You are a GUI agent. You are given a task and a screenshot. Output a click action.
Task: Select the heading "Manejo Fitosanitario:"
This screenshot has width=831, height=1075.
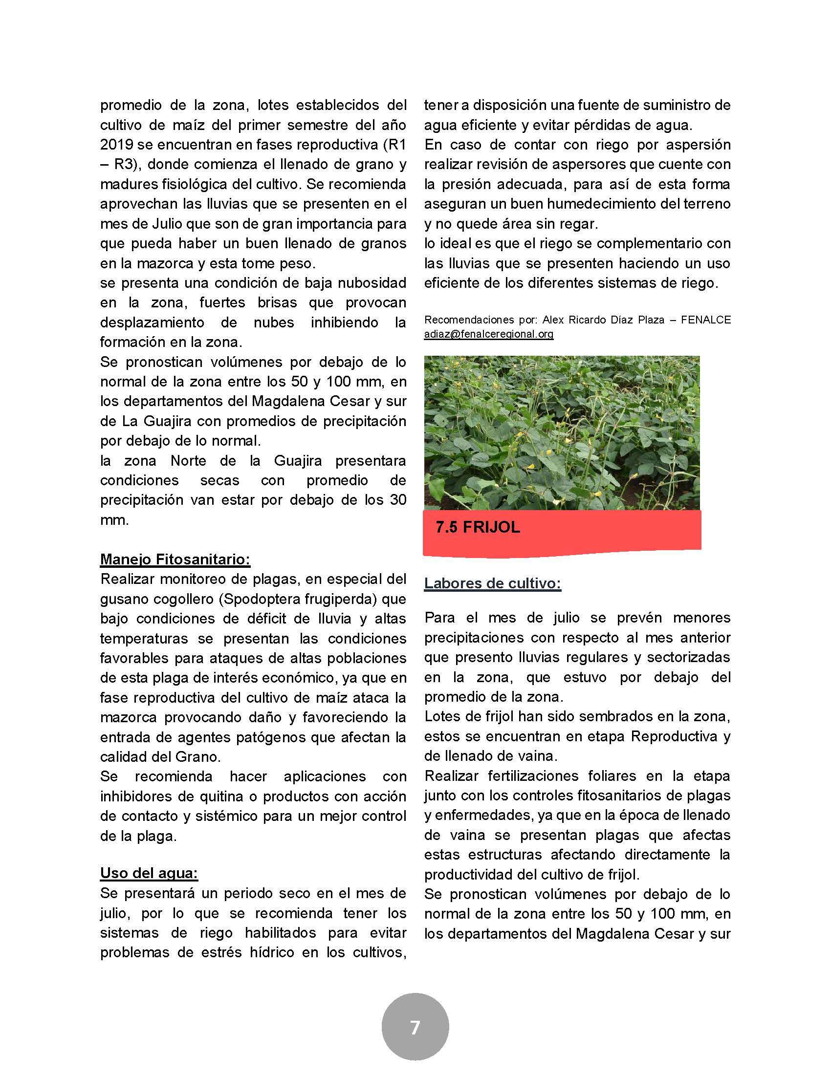point(175,559)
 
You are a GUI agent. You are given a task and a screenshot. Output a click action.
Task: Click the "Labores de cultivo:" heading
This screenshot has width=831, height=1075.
point(492,583)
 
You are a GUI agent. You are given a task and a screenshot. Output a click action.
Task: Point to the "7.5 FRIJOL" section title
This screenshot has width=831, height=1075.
point(478,528)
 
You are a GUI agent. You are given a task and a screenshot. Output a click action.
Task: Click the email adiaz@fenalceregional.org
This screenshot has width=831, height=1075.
point(488,334)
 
